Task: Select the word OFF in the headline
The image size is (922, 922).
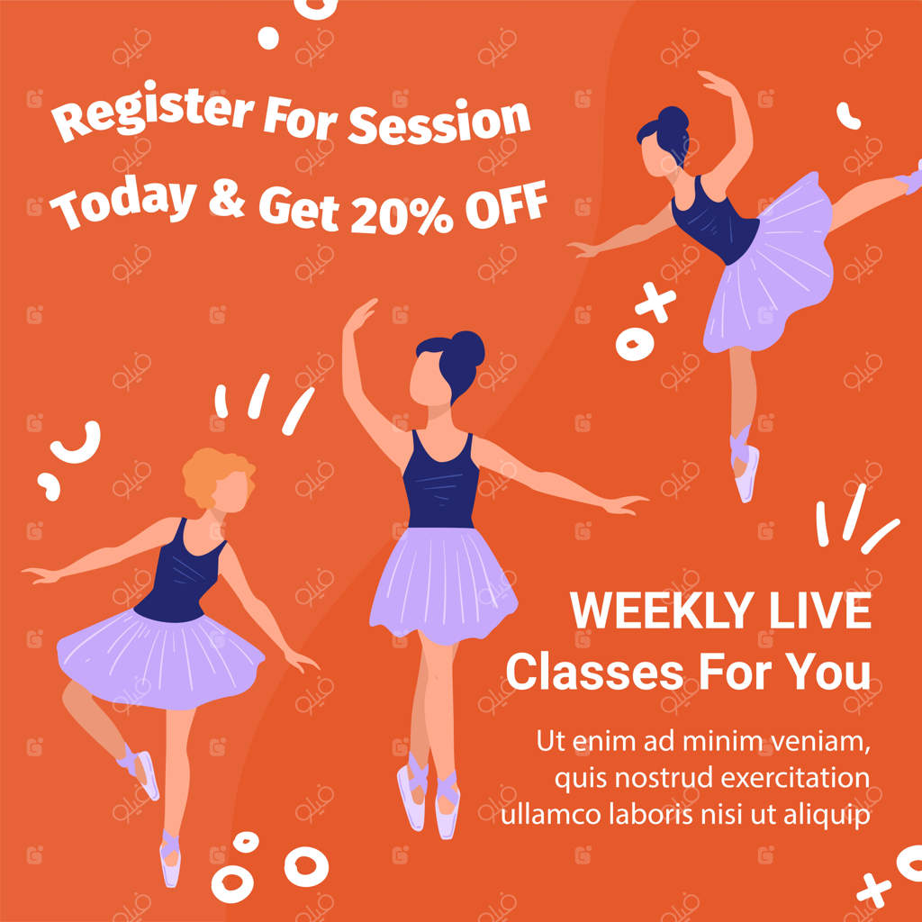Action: tap(506, 206)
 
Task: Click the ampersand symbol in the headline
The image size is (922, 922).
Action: tap(226, 197)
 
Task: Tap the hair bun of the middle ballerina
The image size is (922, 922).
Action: tap(467, 348)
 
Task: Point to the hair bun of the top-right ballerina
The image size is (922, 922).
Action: tap(673, 120)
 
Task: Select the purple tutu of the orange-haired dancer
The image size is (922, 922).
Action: tap(160, 657)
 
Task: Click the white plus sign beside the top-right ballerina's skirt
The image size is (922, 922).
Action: tap(656, 302)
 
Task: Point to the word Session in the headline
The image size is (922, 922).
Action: tap(438, 122)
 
